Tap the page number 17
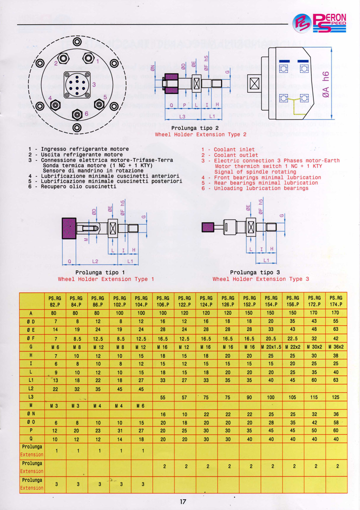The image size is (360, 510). (x=182, y=501)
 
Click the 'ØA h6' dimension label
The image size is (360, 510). (x=325, y=83)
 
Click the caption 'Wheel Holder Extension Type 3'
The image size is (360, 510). (x=260, y=279)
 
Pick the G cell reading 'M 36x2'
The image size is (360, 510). (x=335, y=346)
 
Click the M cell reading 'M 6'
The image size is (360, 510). (x=141, y=405)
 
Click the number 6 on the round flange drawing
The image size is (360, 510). (x=86, y=114)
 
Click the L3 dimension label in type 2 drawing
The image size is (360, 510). (x=182, y=115)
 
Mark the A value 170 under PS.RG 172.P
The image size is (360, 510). (x=314, y=313)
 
